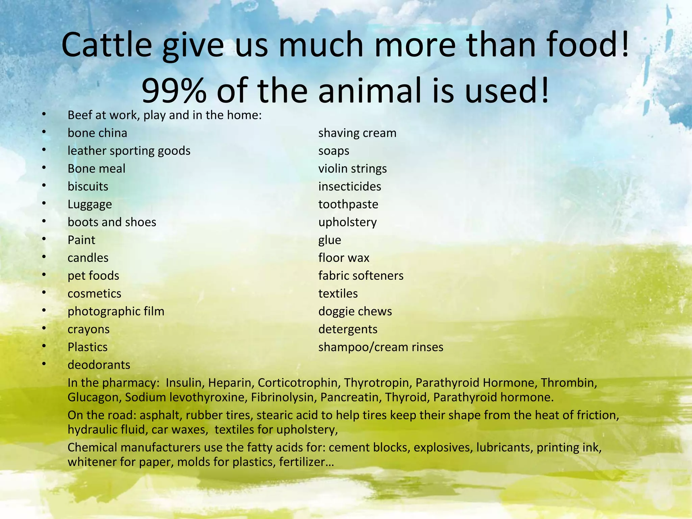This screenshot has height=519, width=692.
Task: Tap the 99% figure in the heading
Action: click(174, 91)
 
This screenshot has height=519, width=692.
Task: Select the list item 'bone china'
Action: click(97, 133)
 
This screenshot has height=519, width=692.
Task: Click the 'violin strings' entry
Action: click(352, 169)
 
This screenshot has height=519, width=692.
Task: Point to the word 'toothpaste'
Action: click(348, 204)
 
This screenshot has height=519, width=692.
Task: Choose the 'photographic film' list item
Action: click(116, 312)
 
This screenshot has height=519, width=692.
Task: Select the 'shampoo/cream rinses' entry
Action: click(381, 347)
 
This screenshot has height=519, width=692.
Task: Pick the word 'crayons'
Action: click(89, 329)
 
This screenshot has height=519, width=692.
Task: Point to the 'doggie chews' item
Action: click(355, 312)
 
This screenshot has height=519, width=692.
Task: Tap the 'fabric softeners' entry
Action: click(361, 276)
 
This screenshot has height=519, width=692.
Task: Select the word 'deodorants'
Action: click(99, 365)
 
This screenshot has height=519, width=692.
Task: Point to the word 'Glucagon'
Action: click(93, 397)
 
